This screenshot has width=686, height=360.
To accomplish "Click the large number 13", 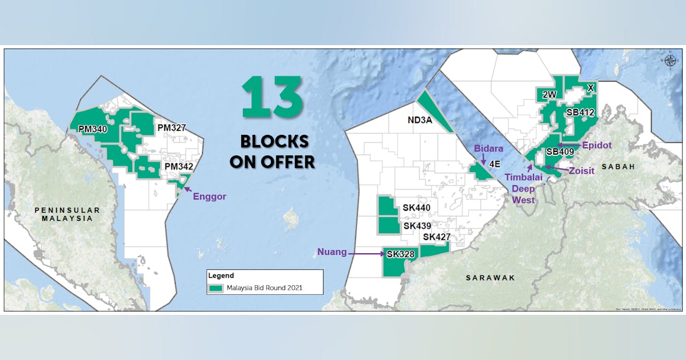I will (x=272, y=98).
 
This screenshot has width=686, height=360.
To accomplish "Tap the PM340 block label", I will (x=93, y=130).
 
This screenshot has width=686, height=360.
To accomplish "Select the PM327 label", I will (x=171, y=127).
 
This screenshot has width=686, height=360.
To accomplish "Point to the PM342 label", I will (x=179, y=166).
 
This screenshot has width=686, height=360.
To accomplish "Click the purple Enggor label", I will (x=209, y=197).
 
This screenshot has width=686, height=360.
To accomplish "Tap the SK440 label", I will (x=416, y=208).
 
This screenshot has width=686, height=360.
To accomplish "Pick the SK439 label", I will (x=417, y=226).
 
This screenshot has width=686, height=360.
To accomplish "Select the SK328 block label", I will (x=400, y=254).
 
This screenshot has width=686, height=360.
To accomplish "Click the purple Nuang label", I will (x=332, y=252).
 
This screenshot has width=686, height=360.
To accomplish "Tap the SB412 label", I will (x=580, y=113).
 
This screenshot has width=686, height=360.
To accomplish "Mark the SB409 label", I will (x=560, y=152).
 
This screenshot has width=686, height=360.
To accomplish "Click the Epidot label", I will (x=597, y=145).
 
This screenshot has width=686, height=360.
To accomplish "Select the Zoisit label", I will (x=581, y=170).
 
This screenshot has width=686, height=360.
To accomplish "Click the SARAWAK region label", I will (x=490, y=278).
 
